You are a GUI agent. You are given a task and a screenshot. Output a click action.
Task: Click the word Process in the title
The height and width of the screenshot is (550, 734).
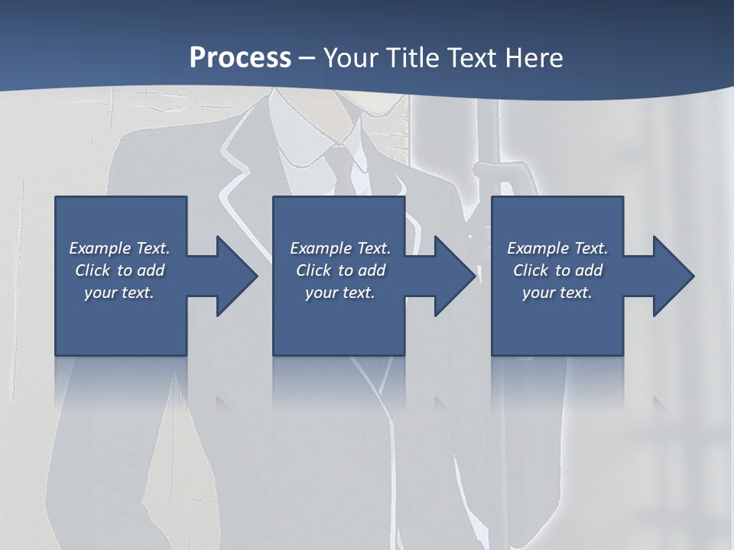click(240, 58)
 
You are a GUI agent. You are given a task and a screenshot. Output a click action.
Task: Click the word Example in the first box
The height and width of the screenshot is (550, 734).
click(99, 248)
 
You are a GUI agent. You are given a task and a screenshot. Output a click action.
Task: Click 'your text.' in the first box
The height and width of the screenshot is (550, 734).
click(119, 293)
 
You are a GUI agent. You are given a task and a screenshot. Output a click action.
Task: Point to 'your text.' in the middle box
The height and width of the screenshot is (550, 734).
click(340, 293)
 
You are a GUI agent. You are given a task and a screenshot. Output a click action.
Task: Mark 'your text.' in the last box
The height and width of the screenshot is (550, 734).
click(557, 293)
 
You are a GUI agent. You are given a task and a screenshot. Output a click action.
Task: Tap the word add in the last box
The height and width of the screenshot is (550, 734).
click(589, 270)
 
